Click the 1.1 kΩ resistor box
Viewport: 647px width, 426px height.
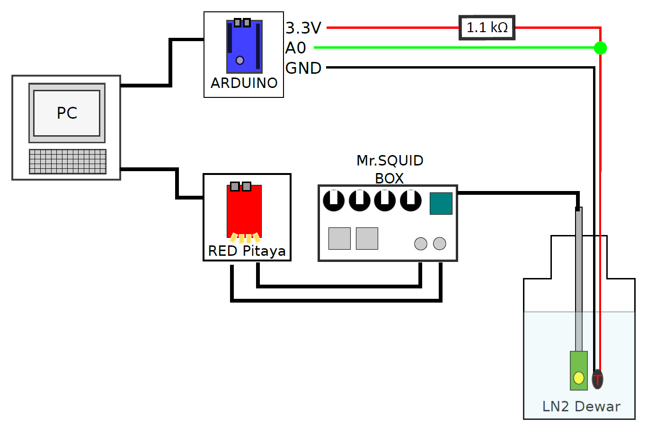pos(487,28)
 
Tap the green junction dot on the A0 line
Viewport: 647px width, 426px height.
pos(600,48)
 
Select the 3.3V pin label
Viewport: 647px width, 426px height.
pos(303,28)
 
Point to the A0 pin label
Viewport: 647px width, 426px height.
pos(295,48)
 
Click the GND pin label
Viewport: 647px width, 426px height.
pos(303,68)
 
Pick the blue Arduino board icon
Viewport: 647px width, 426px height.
pos(244,46)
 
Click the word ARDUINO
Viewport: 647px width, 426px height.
pos(244,83)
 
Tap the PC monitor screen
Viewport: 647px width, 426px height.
pos(67,113)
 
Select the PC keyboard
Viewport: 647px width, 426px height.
pos(68,162)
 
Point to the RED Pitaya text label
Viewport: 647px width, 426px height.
pos(247,251)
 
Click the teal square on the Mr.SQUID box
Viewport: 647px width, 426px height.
pos(441,203)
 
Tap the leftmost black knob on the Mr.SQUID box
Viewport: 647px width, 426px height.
pos(334,200)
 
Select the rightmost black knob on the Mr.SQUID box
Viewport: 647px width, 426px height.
pos(411,200)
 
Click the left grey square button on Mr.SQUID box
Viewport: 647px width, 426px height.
pos(340,238)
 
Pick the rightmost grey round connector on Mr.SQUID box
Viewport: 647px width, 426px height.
pos(440,243)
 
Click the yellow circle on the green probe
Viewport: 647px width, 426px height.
pos(579,378)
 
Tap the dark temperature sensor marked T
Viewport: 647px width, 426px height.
pos(597,379)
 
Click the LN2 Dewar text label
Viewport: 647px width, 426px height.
pos(581,406)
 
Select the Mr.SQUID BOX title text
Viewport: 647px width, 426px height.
pos(390,169)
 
